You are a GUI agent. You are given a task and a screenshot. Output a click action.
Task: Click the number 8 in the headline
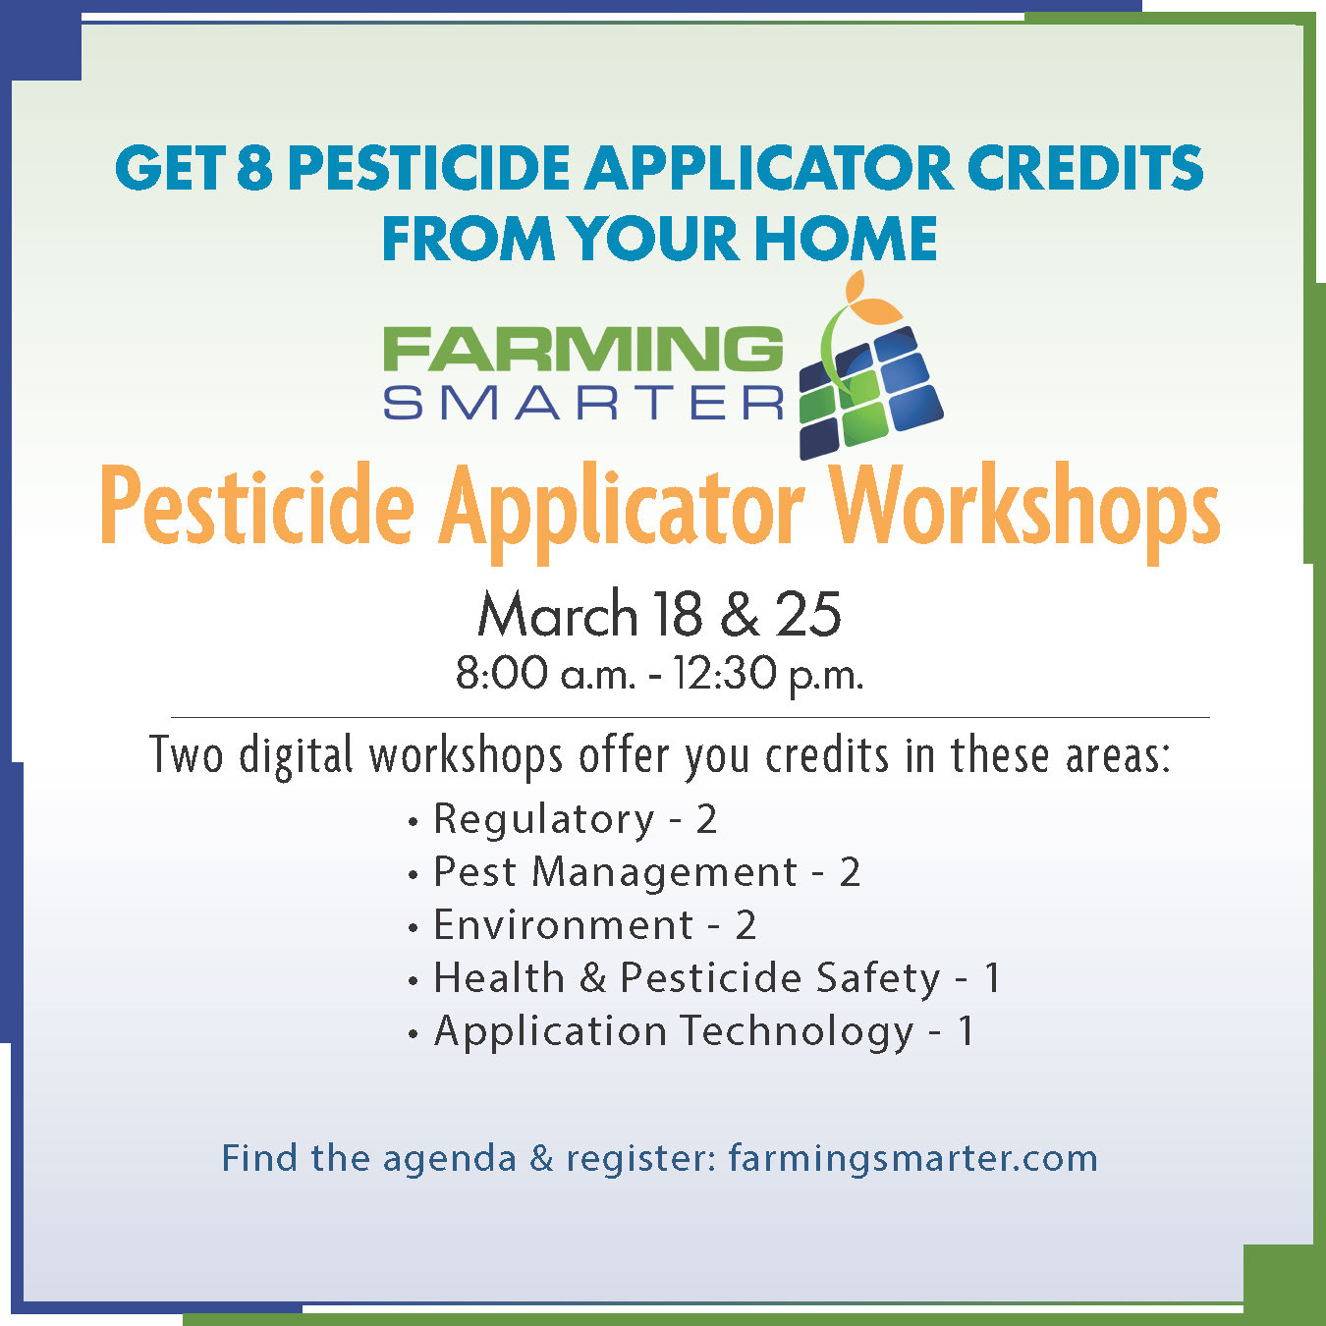(x=254, y=167)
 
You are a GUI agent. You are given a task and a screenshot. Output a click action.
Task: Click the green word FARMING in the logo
(x=582, y=350)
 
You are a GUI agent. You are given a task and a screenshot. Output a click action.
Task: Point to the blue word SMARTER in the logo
(x=583, y=403)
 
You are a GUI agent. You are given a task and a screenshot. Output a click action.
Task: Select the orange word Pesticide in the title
(x=257, y=509)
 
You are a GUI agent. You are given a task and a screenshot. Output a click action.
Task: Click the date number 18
(x=677, y=615)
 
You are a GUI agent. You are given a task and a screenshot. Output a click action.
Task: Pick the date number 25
(x=808, y=615)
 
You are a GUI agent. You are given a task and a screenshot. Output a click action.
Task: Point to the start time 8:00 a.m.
(x=545, y=674)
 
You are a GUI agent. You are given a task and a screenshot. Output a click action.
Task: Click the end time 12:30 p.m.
(x=767, y=674)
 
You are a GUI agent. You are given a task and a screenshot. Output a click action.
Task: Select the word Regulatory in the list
(x=544, y=819)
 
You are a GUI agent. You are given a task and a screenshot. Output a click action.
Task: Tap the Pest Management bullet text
(x=615, y=872)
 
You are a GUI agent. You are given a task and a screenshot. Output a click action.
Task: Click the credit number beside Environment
(x=746, y=925)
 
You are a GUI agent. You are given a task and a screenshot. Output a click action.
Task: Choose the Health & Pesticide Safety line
(x=688, y=978)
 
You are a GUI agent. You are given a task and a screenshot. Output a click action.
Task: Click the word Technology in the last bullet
(x=797, y=1031)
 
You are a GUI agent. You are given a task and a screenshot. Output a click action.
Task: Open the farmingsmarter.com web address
(x=912, y=1158)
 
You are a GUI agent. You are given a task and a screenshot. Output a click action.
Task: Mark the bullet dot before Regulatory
(x=414, y=821)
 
